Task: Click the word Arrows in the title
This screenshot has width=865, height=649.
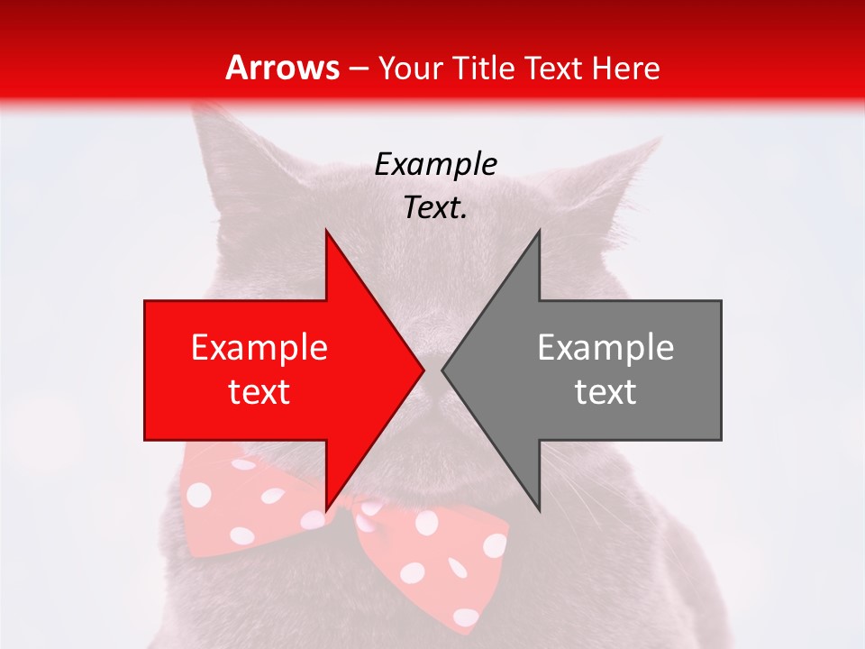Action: pyautogui.click(x=281, y=68)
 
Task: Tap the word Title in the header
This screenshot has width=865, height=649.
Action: pyautogui.click(x=481, y=68)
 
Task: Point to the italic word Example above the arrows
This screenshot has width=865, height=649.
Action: pyautogui.click(x=436, y=164)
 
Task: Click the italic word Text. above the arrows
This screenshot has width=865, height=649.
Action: pyautogui.click(x=436, y=208)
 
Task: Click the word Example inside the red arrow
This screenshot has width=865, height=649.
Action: pyautogui.click(x=259, y=348)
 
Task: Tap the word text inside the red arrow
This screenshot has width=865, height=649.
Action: pyautogui.click(x=259, y=392)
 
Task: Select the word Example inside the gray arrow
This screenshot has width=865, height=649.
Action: pyautogui.click(x=605, y=348)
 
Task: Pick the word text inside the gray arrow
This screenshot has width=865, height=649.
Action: pyautogui.click(x=605, y=392)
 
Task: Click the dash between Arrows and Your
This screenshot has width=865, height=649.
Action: pyautogui.click(x=359, y=69)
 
